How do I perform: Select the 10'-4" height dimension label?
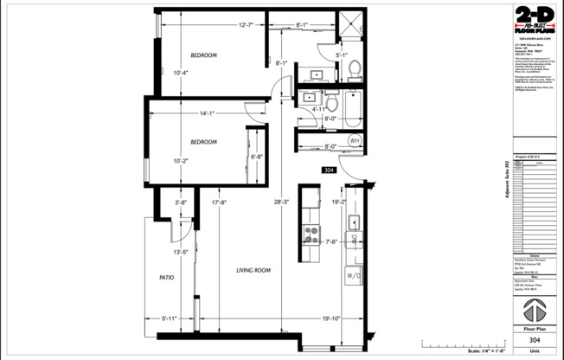180,72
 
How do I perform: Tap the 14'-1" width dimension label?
206,113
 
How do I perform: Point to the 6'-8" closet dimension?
257,157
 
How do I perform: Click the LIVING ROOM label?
254,270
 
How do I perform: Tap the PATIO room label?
168,278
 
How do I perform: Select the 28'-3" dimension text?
282,202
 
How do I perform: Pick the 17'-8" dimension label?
220,202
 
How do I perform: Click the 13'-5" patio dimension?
181,252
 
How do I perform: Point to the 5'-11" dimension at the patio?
169,318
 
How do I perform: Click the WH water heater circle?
354,140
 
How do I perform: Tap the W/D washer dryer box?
354,276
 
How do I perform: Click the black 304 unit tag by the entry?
329,170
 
